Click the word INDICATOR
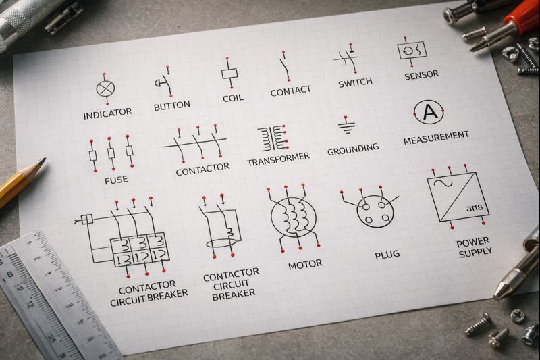107,113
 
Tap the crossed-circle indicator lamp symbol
106,89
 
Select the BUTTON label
172,106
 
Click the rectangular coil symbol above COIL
230,74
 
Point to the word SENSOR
421,76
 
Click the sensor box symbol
412,50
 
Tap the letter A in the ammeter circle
429,111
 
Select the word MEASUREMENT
436,138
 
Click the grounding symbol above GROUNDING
346,126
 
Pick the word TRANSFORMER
278,159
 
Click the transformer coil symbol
273,138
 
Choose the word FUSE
116,180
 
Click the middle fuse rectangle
111,153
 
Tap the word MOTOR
305,265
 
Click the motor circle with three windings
294,217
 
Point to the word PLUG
387,255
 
